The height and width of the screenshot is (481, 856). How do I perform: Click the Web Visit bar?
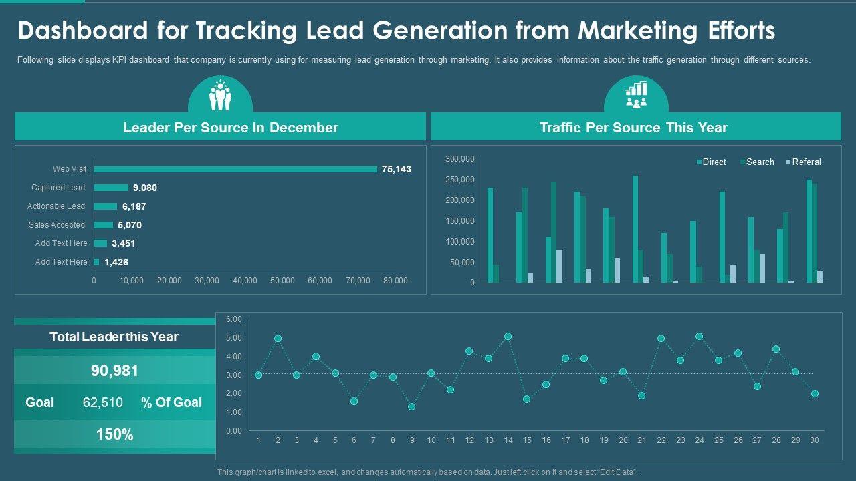tap(235, 169)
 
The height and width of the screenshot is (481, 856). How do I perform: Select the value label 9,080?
tap(145, 188)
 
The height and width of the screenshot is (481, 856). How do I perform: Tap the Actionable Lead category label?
tap(56, 206)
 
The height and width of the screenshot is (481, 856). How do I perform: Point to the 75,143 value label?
tap(396, 169)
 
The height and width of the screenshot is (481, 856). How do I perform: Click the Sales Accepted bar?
tap(104, 225)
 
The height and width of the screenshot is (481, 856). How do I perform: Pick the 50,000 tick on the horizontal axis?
tap(282, 281)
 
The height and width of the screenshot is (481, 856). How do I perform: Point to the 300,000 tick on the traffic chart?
tap(459, 159)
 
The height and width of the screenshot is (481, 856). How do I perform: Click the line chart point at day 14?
tap(508, 337)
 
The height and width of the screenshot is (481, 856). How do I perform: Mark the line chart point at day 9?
tap(411, 406)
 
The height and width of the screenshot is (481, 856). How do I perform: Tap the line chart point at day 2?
tap(278, 339)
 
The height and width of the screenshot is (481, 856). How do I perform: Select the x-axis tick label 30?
tap(815, 440)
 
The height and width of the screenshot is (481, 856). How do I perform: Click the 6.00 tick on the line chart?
tap(233, 319)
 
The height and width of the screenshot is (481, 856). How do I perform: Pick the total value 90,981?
tap(114, 371)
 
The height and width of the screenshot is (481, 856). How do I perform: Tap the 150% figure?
tap(114, 434)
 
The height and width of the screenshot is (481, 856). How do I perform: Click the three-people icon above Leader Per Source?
tap(220, 96)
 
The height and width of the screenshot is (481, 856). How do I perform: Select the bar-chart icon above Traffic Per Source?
tap(636, 94)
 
